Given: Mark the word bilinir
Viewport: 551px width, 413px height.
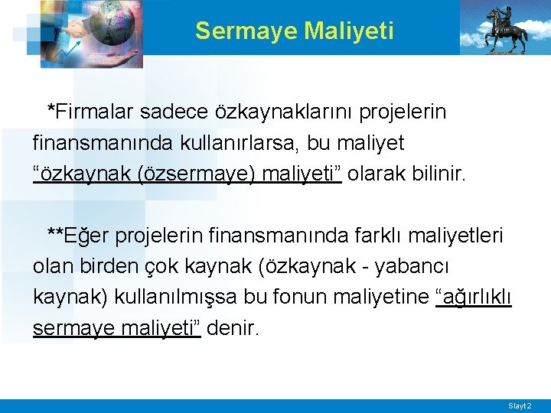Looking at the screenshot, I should [438, 174].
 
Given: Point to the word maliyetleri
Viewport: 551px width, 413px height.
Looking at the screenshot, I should [461, 235].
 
